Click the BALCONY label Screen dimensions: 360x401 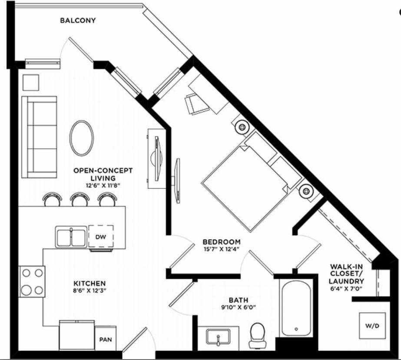click(78, 20)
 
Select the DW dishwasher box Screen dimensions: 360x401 click(101, 237)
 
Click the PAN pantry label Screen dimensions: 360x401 click(106, 338)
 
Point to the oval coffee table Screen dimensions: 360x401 click(82, 138)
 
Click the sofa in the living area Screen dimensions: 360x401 click(40, 137)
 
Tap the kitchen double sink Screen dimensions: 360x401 click(71, 237)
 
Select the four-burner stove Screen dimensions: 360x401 click(32, 281)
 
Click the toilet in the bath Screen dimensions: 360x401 click(258, 335)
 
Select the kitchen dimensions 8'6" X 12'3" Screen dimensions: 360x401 click(89, 291)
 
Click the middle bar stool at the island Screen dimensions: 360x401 click(80, 200)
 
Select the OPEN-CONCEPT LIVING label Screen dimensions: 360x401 click(103, 174)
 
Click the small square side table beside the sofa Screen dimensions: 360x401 click(31, 82)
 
